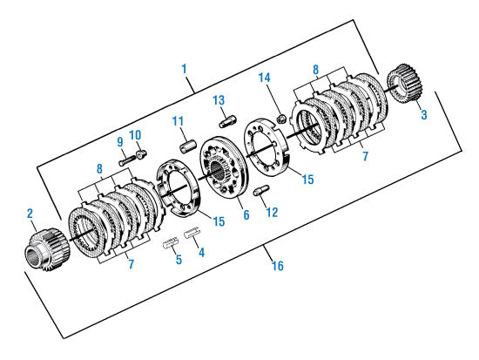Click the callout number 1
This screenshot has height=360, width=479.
click(x=185, y=67)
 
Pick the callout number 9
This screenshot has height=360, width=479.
click(x=121, y=141)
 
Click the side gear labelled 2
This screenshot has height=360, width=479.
click(x=42, y=248)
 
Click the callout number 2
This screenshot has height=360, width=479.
click(x=30, y=212)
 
